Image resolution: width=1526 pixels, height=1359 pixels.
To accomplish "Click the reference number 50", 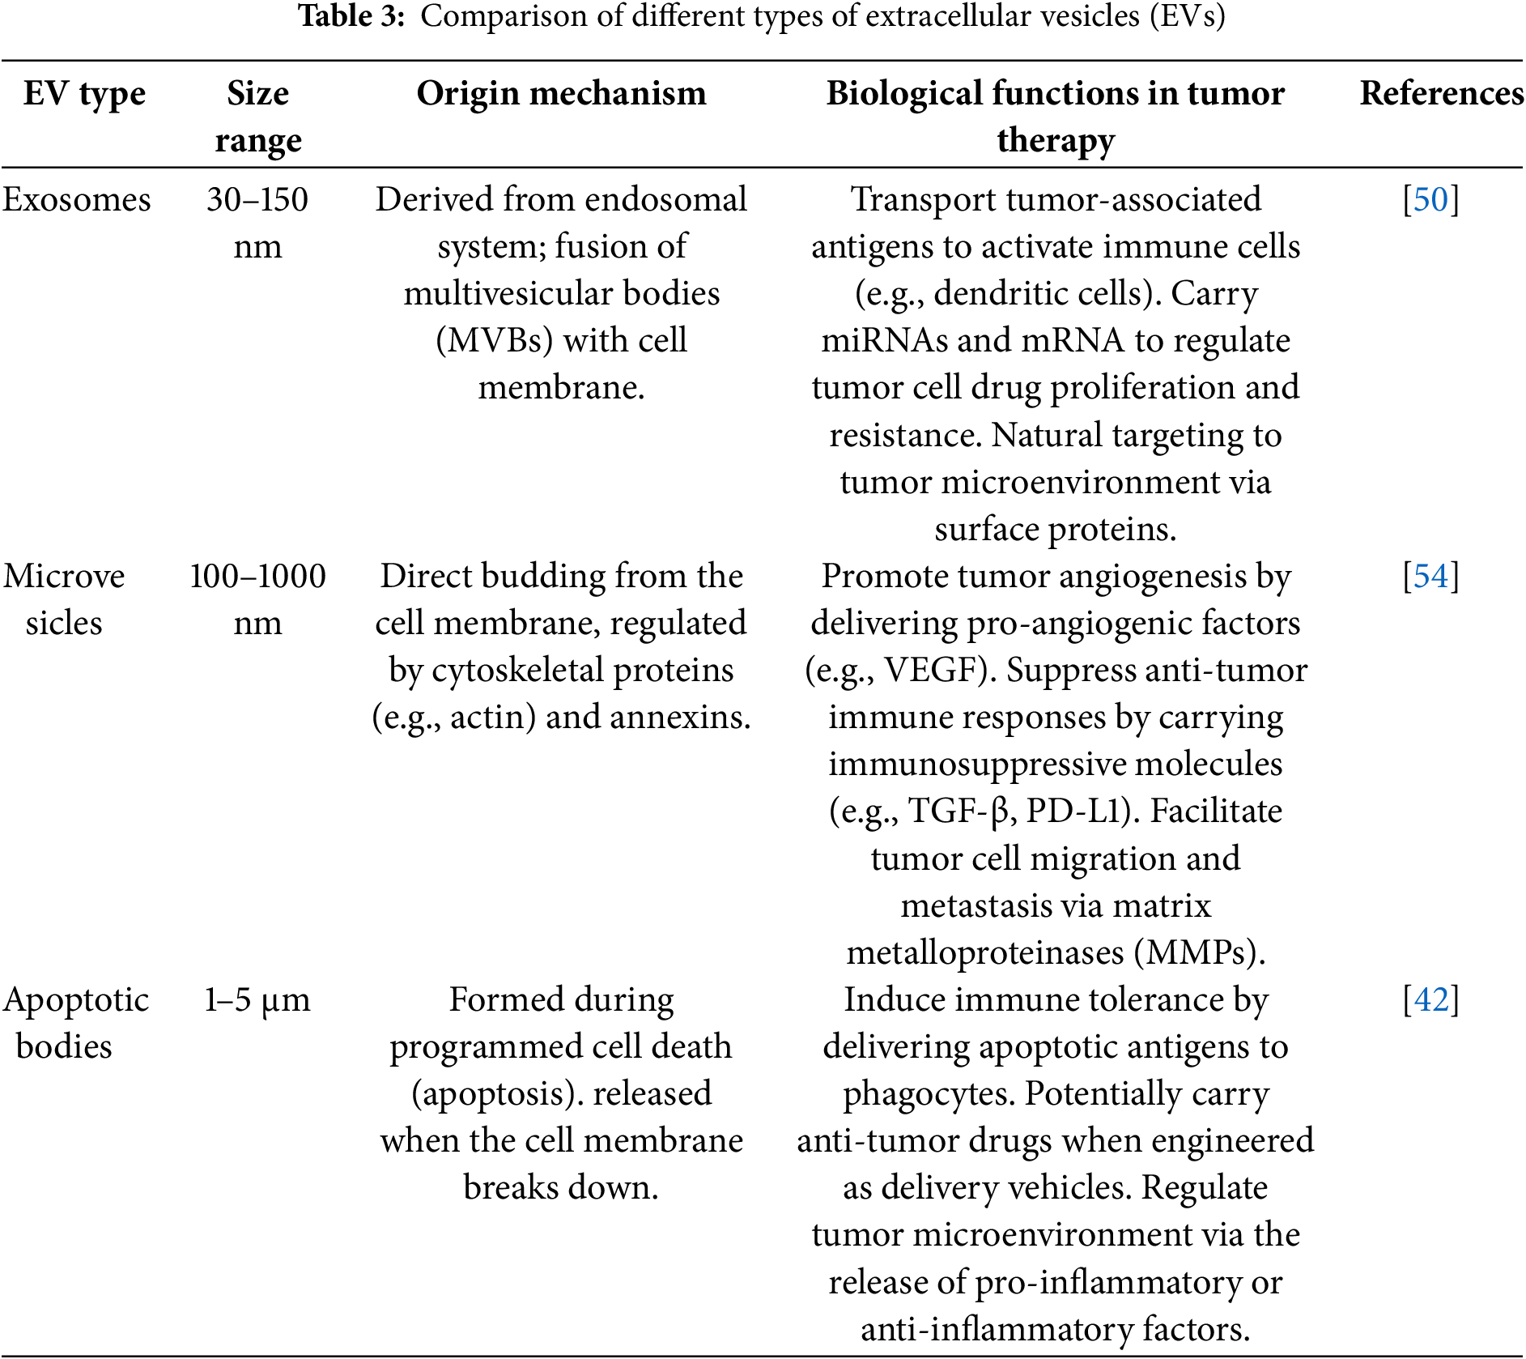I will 1430,200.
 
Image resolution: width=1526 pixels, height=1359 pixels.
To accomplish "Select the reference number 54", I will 1430,577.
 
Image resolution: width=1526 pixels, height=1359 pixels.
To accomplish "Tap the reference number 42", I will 1430,1000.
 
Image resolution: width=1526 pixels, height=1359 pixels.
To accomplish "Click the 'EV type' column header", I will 84,94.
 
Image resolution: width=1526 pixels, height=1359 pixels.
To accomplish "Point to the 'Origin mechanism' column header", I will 561,94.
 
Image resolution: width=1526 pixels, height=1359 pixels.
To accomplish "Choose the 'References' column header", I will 1441,94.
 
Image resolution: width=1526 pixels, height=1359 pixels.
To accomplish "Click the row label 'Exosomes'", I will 76,200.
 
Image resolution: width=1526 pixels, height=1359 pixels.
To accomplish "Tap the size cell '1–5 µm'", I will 257,1000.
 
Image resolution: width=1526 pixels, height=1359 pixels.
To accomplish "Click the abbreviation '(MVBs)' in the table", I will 495,341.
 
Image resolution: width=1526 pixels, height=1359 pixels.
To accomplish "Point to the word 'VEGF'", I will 933,671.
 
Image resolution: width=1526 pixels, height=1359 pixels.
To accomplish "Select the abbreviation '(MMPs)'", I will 1198,953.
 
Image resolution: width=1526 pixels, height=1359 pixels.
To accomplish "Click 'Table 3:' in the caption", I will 351,16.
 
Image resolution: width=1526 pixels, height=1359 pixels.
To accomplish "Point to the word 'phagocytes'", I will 928,1094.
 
